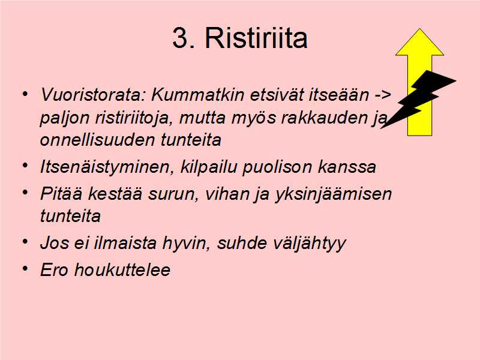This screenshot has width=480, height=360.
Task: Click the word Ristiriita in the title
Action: [x=256, y=38]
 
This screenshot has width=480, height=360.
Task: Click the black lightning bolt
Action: [x=418, y=98]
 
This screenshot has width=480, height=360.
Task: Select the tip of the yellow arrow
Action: [x=419, y=29]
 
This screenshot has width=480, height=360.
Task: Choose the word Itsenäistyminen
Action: [x=107, y=167]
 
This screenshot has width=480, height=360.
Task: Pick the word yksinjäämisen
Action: [x=333, y=194]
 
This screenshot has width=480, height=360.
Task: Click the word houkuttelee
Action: [x=122, y=270]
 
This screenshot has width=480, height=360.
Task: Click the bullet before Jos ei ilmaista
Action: [x=25, y=242]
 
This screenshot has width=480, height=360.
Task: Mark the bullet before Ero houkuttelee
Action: [x=25, y=268]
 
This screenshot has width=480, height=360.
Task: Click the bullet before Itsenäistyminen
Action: [x=25, y=166]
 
